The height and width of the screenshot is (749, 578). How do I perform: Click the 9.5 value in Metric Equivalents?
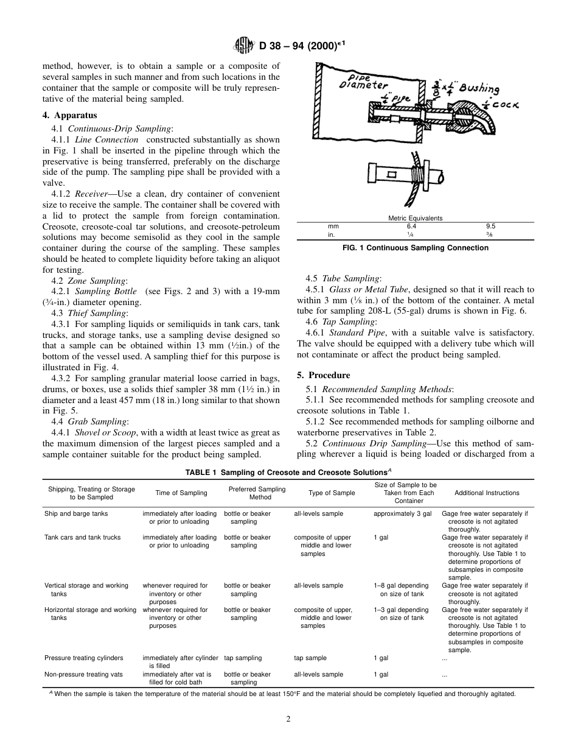pos(490,225)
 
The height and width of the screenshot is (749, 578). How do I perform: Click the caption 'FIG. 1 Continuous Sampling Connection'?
pos(415,248)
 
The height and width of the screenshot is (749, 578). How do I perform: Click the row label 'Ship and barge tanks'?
pos(76,514)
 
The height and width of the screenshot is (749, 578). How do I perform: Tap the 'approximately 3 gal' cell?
pos(402,514)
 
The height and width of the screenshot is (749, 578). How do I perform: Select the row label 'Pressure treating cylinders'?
pos(83,658)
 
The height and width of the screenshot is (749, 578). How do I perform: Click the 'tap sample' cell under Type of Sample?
pos(310,658)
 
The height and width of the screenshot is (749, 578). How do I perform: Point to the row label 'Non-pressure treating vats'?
pos(83,674)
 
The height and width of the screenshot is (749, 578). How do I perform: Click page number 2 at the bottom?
pos(289,719)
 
